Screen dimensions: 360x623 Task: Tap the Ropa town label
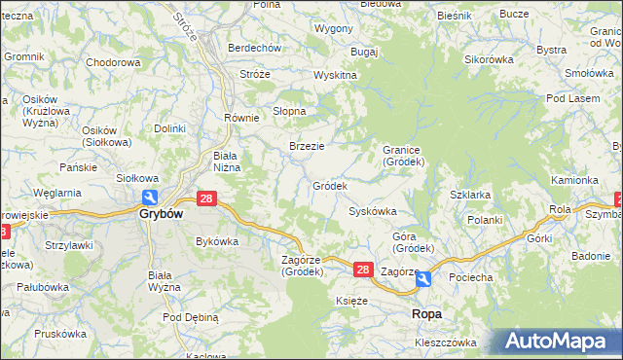(x=427, y=313)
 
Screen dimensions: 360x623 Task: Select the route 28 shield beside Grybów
(x=205, y=198)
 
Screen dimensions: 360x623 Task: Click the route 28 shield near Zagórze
(x=362, y=270)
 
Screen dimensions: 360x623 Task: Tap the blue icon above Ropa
(x=424, y=280)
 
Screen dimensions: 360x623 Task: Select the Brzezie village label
(x=307, y=146)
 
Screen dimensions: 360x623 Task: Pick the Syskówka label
(x=373, y=211)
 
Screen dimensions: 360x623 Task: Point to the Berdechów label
(x=254, y=48)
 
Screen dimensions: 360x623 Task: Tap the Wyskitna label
(x=336, y=75)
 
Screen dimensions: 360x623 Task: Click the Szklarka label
(x=470, y=195)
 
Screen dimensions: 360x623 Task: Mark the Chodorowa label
(x=114, y=62)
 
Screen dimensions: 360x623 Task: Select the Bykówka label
(x=217, y=241)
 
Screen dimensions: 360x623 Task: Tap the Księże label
(x=351, y=302)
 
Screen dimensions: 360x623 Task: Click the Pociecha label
(x=470, y=277)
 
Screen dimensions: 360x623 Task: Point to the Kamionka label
(x=574, y=180)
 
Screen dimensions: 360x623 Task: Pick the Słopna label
(x=289, y=111)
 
